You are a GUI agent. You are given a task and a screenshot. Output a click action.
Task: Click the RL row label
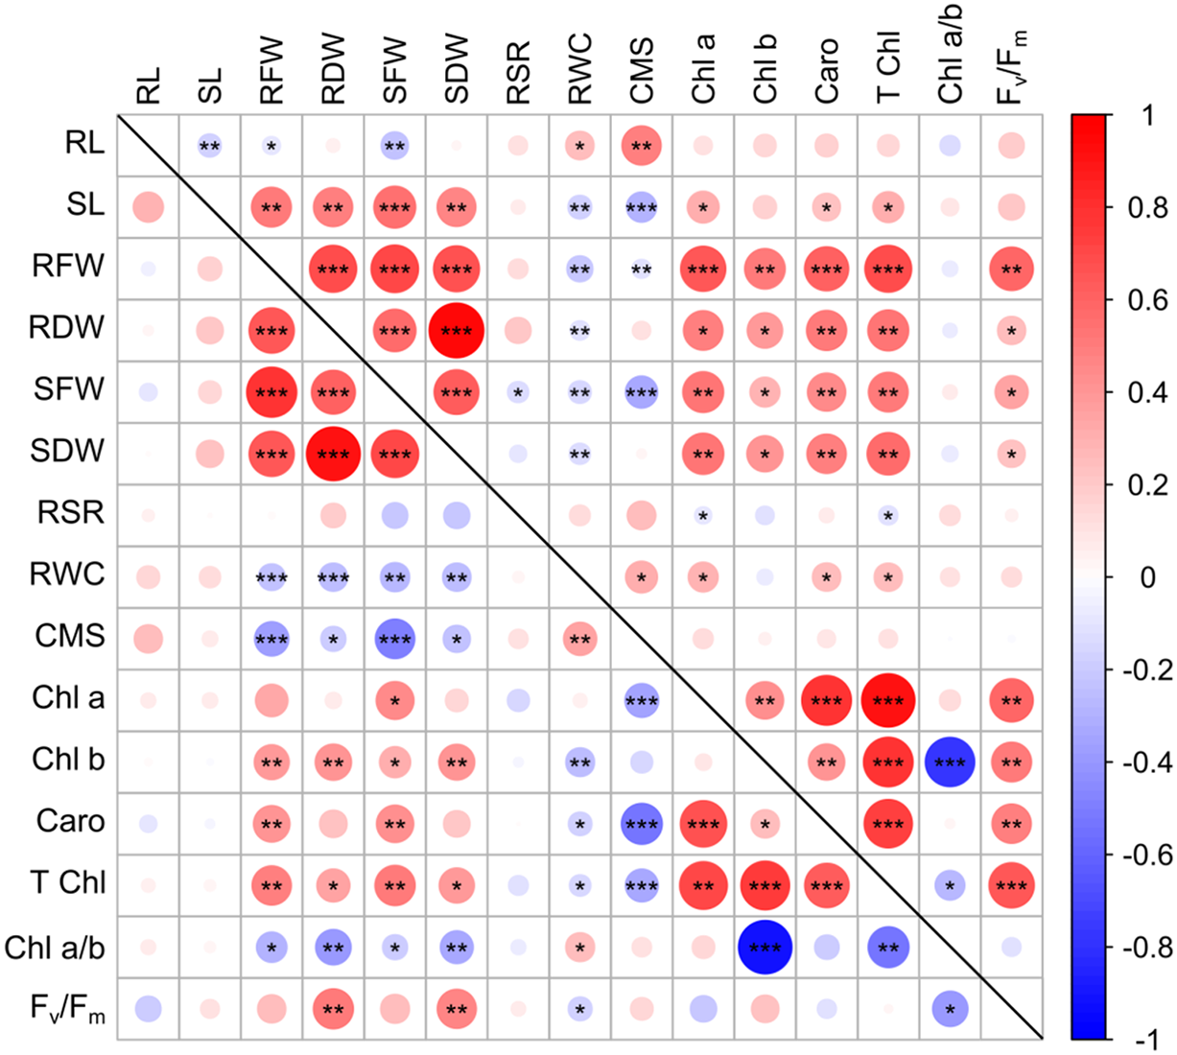point(85,143)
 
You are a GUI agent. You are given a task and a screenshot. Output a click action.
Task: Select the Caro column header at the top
point(826,70)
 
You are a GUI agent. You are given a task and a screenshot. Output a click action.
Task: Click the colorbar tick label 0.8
point(1147,207)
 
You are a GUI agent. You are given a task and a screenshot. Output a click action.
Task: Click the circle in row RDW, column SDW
point(457,330)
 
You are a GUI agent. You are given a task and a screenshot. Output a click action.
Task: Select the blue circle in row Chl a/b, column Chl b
point(765,947)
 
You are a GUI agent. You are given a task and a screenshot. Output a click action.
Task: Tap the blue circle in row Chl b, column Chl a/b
point(950,762)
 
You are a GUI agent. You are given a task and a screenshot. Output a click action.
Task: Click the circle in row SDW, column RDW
point(333,454)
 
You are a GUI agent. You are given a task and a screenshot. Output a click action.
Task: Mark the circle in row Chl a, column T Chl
point(888,700)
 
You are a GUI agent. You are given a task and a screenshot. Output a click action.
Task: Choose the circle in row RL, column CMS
point(642,146)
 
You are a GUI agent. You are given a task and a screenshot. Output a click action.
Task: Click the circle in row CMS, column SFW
point(394,639)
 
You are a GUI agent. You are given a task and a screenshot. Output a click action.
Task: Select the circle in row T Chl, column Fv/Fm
point(1011,885)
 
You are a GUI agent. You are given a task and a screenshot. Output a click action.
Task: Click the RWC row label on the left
point(68,575)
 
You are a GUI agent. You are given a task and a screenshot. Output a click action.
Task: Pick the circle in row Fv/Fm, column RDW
point(333,1008)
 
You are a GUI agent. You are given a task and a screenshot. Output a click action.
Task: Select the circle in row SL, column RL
point(148,207)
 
